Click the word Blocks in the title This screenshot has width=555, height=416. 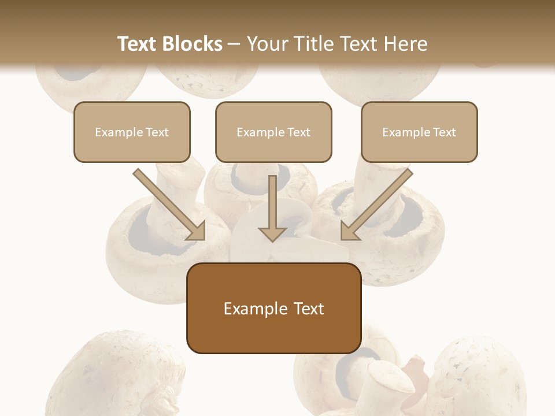pos(192,44)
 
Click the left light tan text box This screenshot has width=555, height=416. pos(132,132)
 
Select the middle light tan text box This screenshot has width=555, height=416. pos(273,132)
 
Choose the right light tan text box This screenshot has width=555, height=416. pos(419,132)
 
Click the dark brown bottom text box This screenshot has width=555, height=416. pos(273,308)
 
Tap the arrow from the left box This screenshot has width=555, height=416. pos(168,203)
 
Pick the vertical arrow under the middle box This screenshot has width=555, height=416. pos(272,205)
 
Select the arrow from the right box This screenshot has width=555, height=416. pos(378,203)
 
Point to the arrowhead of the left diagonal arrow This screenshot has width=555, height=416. pos(196,231)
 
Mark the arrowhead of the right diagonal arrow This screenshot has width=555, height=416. pos(350,231)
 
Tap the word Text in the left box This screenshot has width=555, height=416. pos(157,132)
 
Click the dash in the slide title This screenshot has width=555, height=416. pos(234,44)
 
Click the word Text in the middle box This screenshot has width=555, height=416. pos(299,132)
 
